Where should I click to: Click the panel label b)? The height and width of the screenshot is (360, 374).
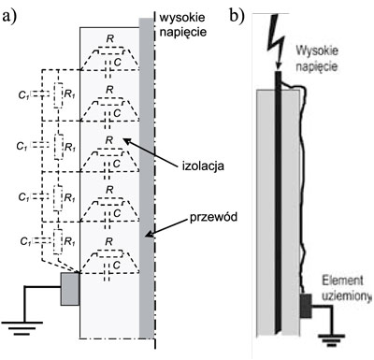(x=237, y=14)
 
